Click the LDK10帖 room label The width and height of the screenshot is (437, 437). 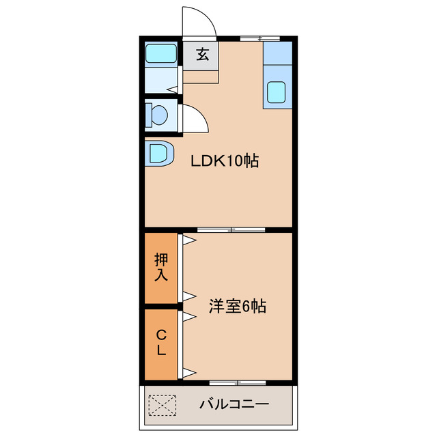click(224, 162)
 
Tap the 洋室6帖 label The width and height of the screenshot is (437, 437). click(237, 307)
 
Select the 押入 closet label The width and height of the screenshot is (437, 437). click(161, 268)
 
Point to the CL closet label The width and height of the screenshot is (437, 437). click(161, 343)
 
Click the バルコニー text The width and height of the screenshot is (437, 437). click(234, 404)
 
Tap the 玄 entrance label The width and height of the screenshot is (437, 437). click(202, 55)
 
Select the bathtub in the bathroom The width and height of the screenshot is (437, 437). click(161, 53)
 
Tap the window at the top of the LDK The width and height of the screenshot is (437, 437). click(260, 38)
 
